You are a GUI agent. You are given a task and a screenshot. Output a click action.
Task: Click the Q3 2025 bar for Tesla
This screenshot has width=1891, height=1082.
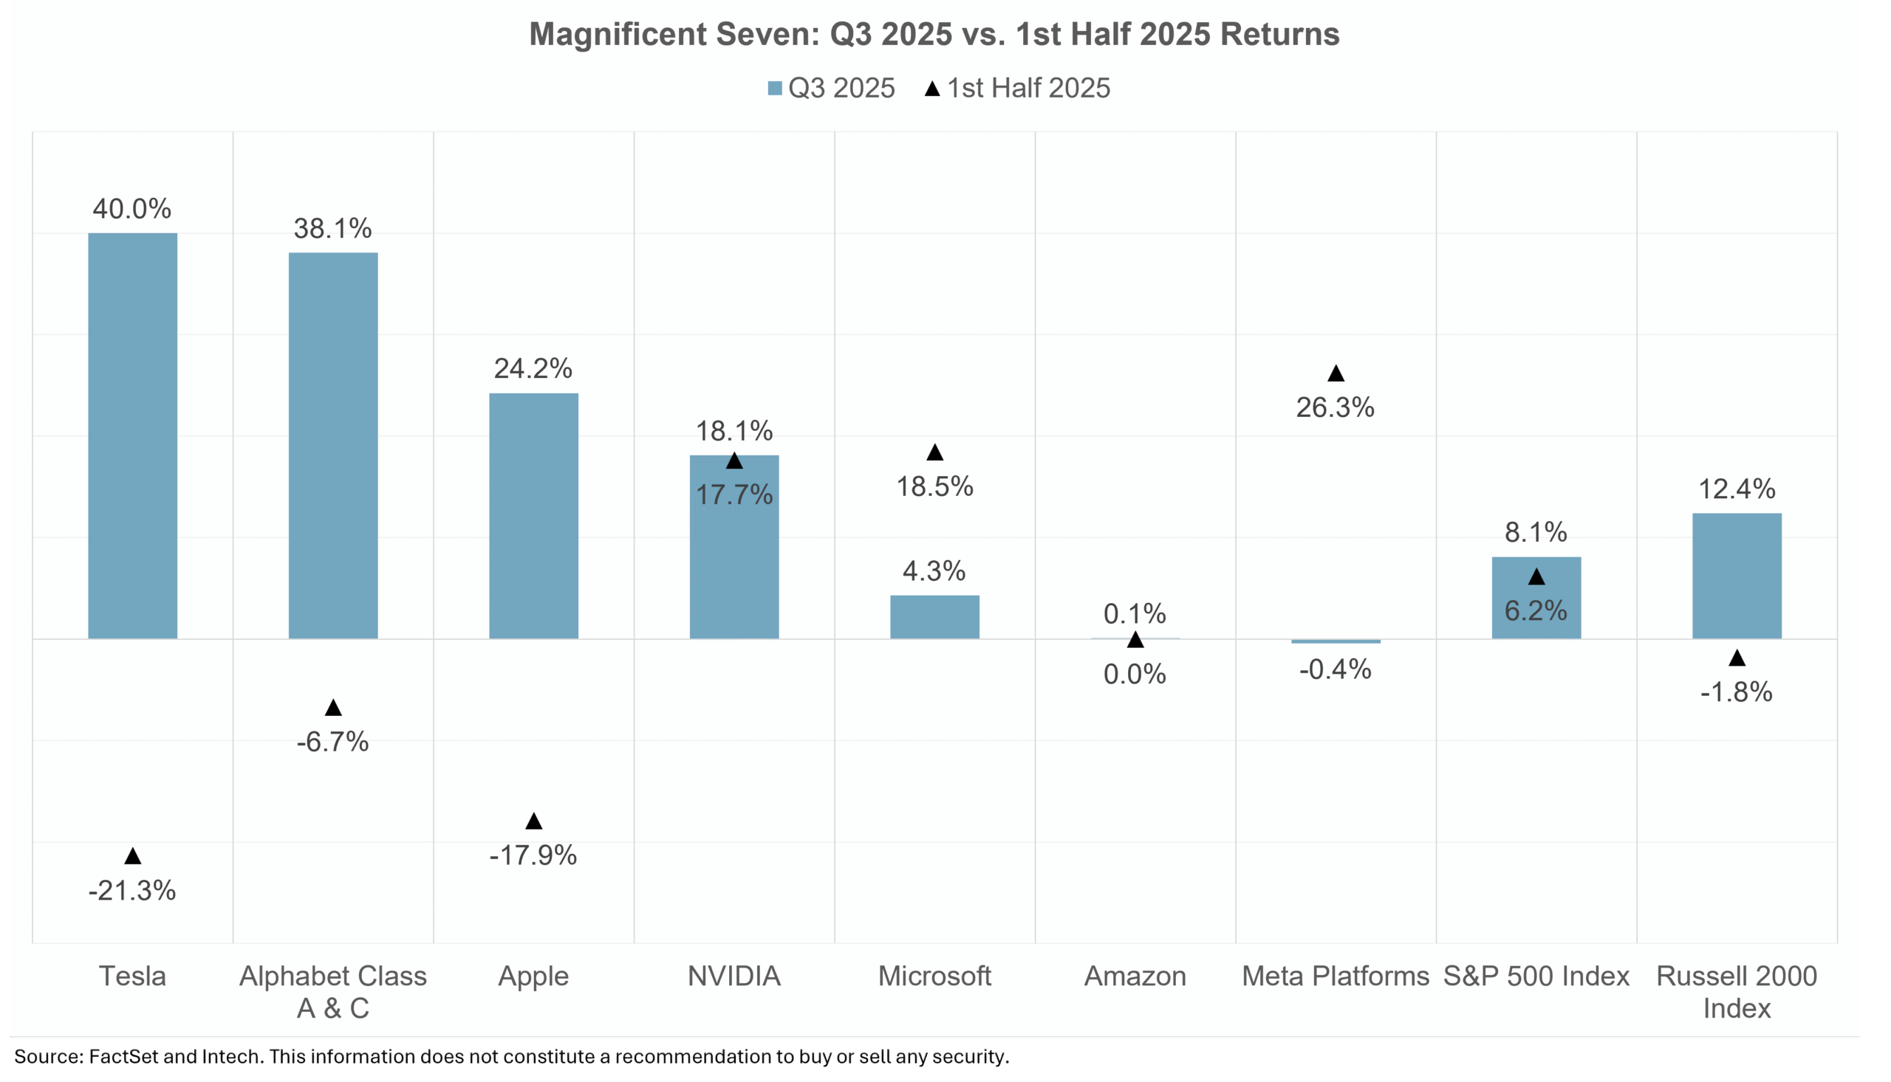(132, 435)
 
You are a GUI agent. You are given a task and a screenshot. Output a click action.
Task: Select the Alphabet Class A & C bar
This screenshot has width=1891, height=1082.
(333, 446)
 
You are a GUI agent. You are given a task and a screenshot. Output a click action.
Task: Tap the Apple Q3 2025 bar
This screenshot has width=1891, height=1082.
(533, 516)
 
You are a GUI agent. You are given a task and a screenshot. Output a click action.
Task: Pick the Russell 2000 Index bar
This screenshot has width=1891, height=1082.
(1737, 576)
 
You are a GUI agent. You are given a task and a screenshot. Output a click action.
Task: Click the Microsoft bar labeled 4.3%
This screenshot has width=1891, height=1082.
(934, 617)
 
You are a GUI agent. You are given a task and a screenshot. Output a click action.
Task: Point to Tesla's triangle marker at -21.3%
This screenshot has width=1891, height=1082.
(132, 856)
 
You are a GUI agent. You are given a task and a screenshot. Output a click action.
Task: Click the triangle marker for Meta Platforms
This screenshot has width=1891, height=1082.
(1336, 373)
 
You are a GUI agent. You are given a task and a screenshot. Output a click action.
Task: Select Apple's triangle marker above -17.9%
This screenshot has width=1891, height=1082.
(533, 821)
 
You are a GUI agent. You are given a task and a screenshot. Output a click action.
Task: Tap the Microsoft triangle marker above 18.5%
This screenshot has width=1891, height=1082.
(934, 452)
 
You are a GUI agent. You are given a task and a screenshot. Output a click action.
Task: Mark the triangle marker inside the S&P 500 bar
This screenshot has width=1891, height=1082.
(1536, 576)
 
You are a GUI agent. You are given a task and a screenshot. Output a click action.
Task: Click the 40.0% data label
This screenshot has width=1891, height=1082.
(131, 209)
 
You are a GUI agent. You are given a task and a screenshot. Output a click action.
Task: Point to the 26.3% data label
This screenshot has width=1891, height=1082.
(1335, 407)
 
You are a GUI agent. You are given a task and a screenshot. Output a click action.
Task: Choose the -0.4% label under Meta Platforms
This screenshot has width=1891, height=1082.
(1335, 669)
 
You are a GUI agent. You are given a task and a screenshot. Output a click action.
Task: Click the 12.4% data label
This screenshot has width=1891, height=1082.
(1737, 489)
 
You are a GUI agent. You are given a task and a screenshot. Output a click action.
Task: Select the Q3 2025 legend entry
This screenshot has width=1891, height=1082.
(831, 89)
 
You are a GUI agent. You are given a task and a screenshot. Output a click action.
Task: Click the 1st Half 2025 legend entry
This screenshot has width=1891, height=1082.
(1017, 89)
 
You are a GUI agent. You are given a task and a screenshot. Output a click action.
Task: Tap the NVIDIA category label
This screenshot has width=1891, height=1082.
(734, 976)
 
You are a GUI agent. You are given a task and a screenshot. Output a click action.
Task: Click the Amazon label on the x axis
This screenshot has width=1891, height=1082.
(1135, 976)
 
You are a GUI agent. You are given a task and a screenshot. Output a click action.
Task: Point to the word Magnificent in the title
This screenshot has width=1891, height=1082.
(618, 34)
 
